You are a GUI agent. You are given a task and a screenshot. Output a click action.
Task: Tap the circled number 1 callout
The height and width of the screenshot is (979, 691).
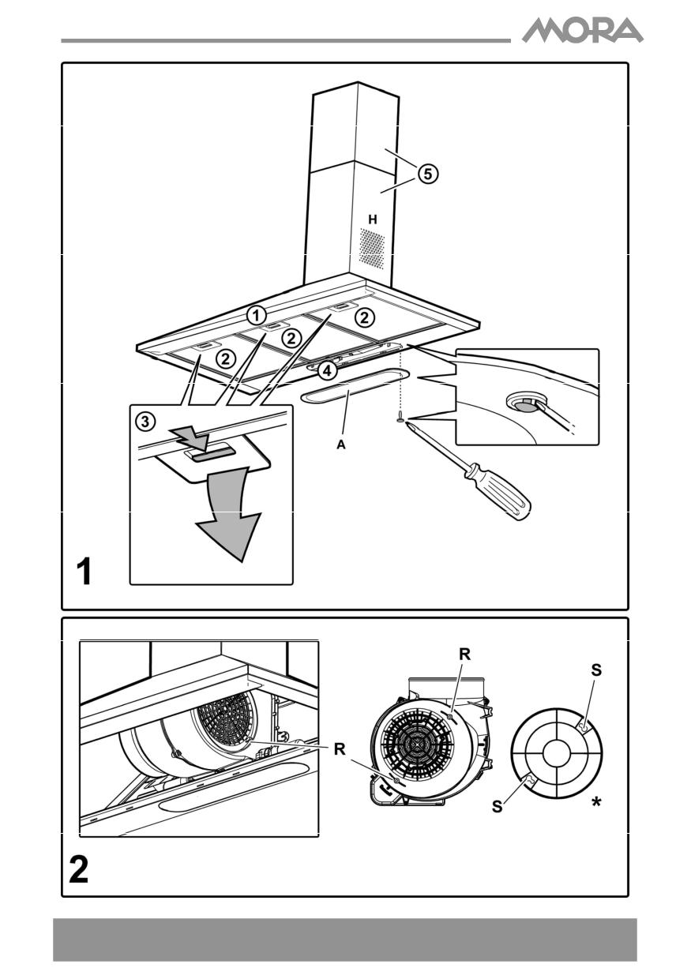point(255,314)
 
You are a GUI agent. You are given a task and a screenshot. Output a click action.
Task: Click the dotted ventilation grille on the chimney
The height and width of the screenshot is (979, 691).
point(374,247)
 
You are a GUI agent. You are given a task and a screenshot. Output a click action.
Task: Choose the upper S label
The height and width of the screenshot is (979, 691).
point(595,670)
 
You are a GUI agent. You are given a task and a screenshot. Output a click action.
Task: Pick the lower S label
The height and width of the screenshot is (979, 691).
point(496,808)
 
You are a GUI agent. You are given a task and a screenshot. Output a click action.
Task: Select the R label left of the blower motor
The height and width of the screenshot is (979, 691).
point(340,749)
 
